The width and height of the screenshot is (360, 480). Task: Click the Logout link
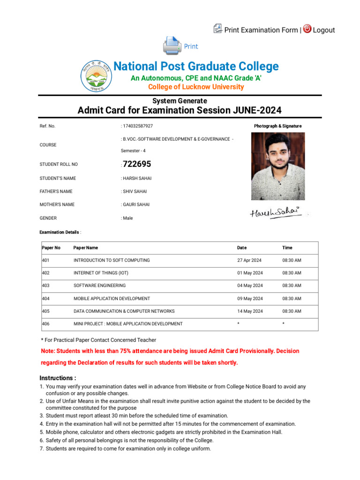pos(323,30)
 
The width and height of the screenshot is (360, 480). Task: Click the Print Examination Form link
pos(261,30)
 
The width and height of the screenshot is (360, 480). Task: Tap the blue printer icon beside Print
pos(172,46)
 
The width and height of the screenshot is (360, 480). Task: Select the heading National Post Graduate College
pos(196,67)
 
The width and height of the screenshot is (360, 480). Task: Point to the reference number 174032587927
pos(138,126)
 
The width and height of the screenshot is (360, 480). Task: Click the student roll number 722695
pos(137,164)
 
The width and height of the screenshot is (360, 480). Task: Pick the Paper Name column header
pos(86,247)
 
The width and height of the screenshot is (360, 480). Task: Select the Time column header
pos(287,247)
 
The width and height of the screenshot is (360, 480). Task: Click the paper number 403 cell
pos(45,285)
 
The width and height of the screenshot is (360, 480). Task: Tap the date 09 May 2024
pos(250,299)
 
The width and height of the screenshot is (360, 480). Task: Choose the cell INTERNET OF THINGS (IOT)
pos(101,273)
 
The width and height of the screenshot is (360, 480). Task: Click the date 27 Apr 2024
pos(249,260)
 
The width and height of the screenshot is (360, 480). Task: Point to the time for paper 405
pos(292,311)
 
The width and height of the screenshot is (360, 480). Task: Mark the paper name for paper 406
pos(128,324)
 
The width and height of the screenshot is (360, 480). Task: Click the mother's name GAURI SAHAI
pos(137,204)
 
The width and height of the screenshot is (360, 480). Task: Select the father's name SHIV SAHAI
pos(136,191)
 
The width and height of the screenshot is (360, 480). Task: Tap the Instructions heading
pos(58,378)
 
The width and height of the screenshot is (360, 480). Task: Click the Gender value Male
pos(127,218)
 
